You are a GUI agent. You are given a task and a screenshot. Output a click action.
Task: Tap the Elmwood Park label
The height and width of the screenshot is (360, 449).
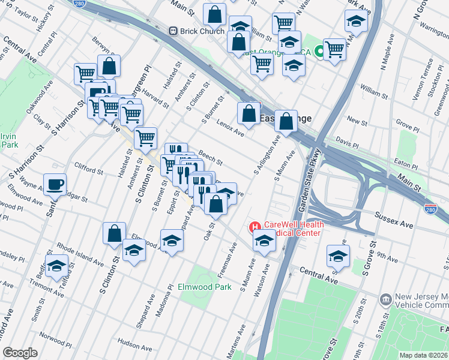click(205, 287)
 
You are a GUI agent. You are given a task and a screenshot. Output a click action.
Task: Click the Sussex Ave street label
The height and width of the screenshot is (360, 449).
click(394, 220)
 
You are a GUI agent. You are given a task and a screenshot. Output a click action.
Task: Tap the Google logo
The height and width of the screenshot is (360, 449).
click(20, 353)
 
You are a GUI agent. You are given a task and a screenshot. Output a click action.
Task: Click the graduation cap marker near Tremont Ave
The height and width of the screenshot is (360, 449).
click(57, 266)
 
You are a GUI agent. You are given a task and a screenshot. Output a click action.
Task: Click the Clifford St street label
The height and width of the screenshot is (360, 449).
click(88, 167)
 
